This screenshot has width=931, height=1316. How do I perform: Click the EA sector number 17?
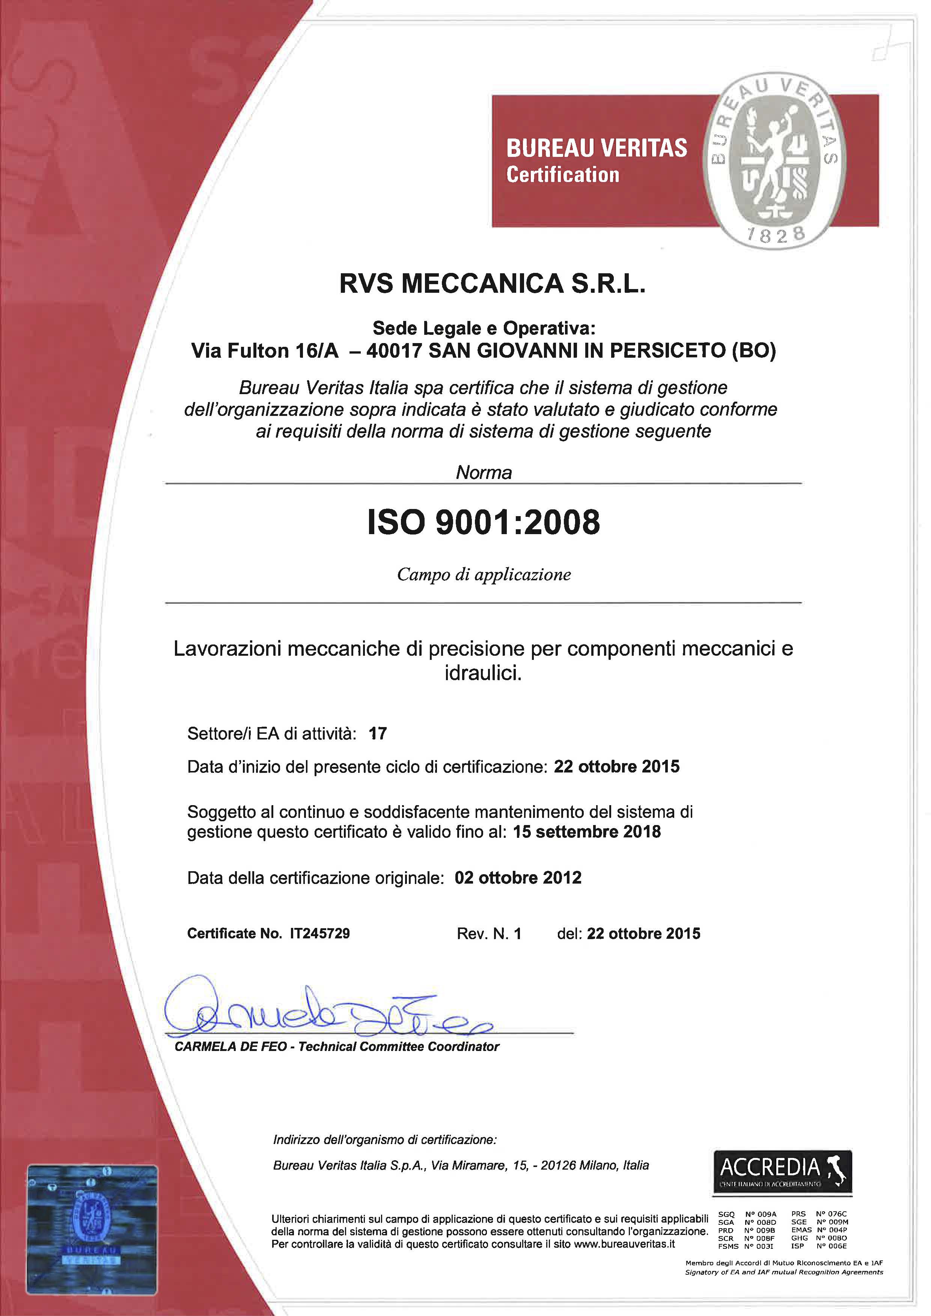(377, 734)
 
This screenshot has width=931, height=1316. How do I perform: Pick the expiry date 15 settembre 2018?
(586, 832)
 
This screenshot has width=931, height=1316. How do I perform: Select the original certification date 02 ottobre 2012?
(518, 878)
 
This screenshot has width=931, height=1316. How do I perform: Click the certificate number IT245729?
(319, 934)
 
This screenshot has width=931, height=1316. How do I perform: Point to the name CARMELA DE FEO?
(230, 1046)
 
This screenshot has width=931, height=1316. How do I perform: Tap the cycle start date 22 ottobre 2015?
(616, 766)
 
